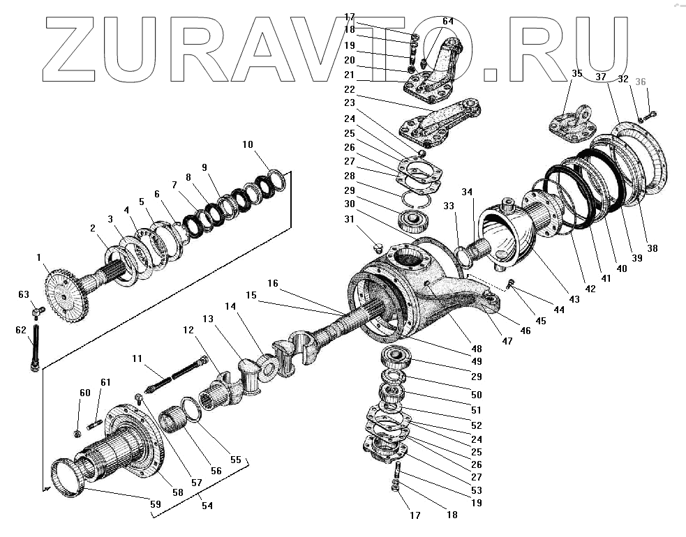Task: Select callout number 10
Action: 248,145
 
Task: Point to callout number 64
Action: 448,21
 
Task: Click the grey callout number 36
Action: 641,82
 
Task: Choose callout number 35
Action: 576,73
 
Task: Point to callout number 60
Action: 84,393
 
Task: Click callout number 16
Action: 272,283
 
